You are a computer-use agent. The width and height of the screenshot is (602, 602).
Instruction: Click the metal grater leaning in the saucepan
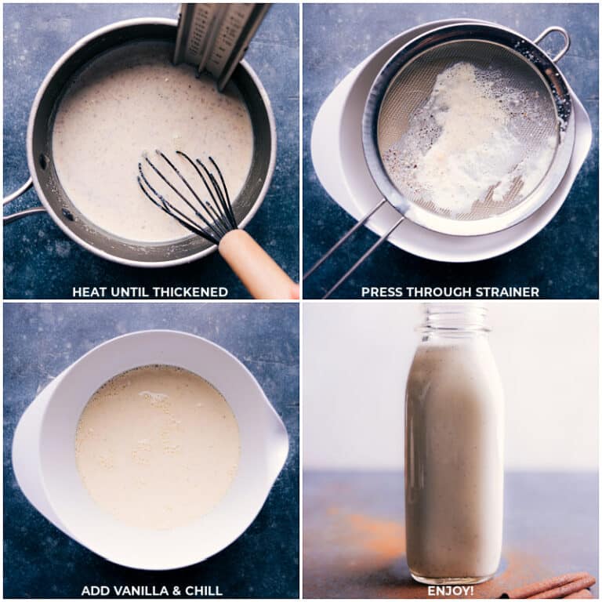219,35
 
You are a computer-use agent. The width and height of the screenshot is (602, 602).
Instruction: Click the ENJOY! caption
450,590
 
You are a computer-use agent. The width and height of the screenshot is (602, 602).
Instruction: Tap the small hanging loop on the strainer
553,42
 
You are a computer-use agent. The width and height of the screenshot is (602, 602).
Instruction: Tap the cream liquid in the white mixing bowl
157,447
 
